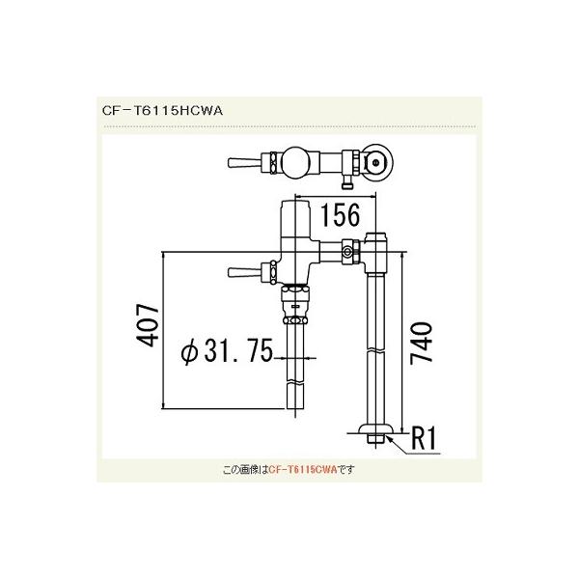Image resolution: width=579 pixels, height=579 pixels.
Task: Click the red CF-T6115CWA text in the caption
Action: pyautogui.click(x=302, y=470)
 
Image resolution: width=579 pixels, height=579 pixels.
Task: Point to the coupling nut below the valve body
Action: pyautogui.click(x=295, y=308)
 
